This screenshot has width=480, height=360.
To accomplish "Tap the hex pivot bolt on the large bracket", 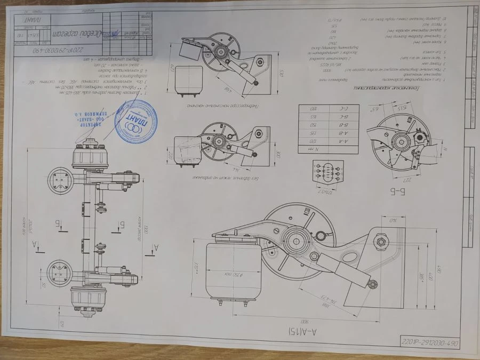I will (381, 242).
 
